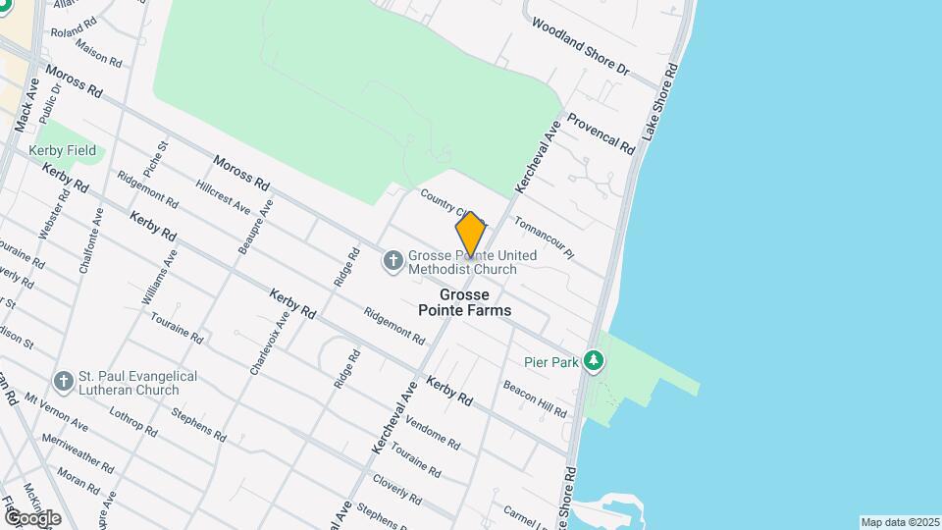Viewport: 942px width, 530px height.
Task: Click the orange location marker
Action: click(x=471, y=235)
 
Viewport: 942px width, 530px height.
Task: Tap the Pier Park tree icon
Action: click(x=593, y=361)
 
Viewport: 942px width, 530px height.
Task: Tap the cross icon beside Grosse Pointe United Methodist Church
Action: click(x=392, y=260)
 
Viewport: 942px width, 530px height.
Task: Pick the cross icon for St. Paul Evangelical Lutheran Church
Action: click(x=64, y=381)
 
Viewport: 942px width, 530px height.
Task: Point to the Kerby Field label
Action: click(x=62, y=150)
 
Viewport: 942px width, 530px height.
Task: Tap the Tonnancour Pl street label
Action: click(x=543, y=237)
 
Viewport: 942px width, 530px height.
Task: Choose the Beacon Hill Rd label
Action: click(x=535, y=399)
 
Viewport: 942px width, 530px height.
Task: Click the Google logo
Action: click(x=32, y=516)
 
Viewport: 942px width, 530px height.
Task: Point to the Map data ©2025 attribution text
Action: click(x=900, y=522)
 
